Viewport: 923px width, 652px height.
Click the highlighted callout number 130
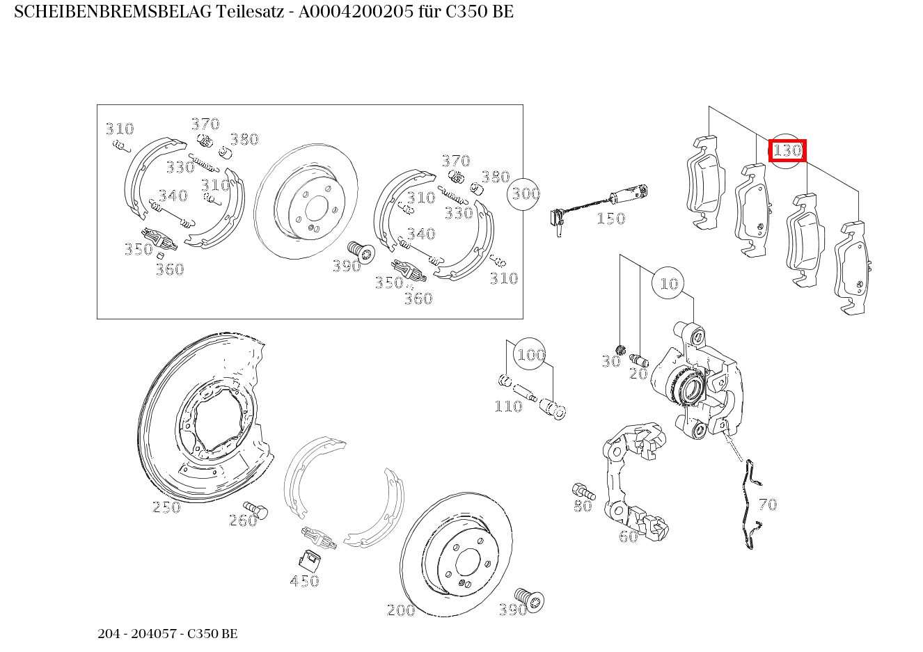coord(787,150)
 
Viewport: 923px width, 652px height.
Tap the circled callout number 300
coord(526,193)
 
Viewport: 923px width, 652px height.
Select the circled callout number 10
coord(668,283)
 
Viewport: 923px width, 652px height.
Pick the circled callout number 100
coord(530,355)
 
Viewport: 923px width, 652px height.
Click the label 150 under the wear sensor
coord(610,218)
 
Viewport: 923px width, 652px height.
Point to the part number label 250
coord(166,507)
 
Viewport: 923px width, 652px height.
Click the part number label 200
coord(400,610)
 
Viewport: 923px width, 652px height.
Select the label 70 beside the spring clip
coord(767,504)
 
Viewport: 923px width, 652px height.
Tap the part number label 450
coord(304,581)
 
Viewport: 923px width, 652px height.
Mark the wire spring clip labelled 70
coord(749,504)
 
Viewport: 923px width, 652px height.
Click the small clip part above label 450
coord(308,558)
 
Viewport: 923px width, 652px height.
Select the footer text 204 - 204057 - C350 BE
coord(167,634)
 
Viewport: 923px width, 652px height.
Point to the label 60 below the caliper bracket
coord(628,536)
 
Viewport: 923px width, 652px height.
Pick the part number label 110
coord(507,406)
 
